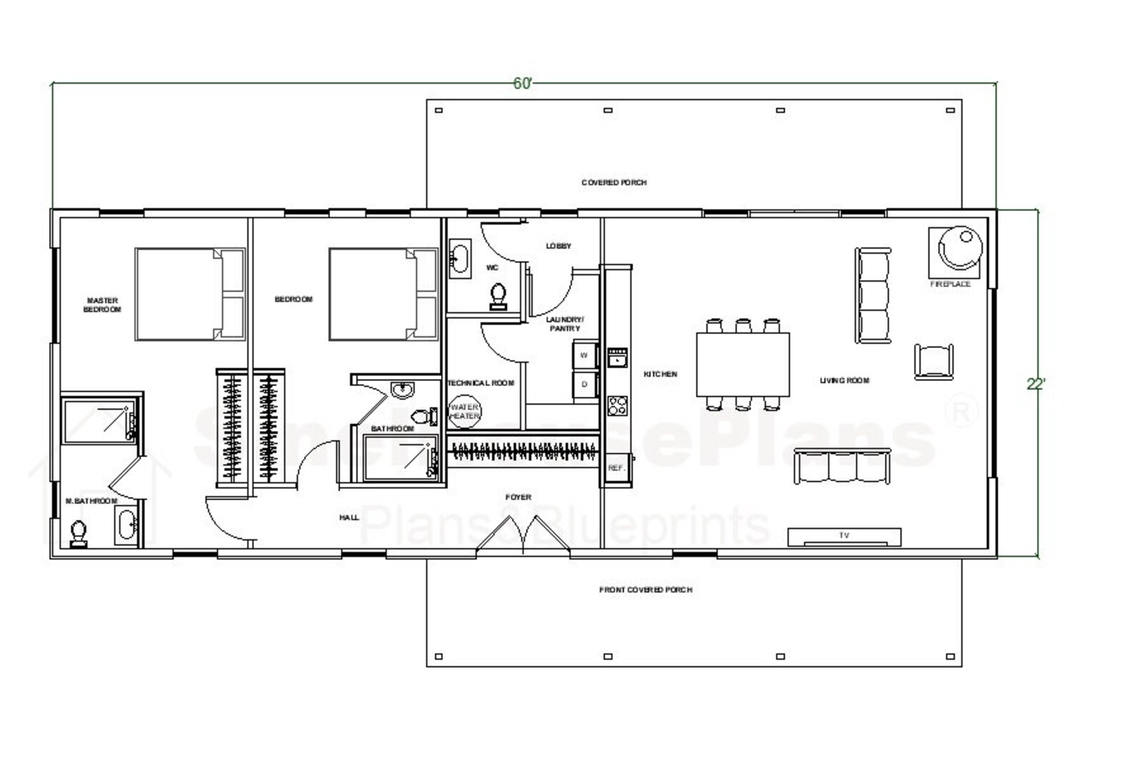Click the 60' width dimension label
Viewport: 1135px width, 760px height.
(522, 84)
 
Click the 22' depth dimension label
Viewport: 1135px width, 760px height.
(1036, 384)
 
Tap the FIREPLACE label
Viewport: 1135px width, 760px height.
(950, 284)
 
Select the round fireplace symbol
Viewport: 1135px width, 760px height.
(959, 249)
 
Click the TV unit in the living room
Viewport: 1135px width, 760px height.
(844, 536)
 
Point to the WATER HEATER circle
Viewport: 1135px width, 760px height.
(465, 412)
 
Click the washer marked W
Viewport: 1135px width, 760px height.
(585, 355)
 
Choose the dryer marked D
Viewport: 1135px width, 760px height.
(585, 385)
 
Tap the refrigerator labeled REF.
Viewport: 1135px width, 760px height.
(615, 468)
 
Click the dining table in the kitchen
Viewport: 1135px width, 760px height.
(743, 364)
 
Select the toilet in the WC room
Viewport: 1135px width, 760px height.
(498, 295)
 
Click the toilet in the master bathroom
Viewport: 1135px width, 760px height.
(79, 533)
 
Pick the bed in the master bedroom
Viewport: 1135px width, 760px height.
(189, 294)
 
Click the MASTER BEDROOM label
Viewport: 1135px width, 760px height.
(102, 305)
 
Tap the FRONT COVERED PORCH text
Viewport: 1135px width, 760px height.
(645, 590)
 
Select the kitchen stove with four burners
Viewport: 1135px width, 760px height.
(617, 406)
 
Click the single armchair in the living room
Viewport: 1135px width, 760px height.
(933, 361)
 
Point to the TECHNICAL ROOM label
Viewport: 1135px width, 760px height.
(481, 383)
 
